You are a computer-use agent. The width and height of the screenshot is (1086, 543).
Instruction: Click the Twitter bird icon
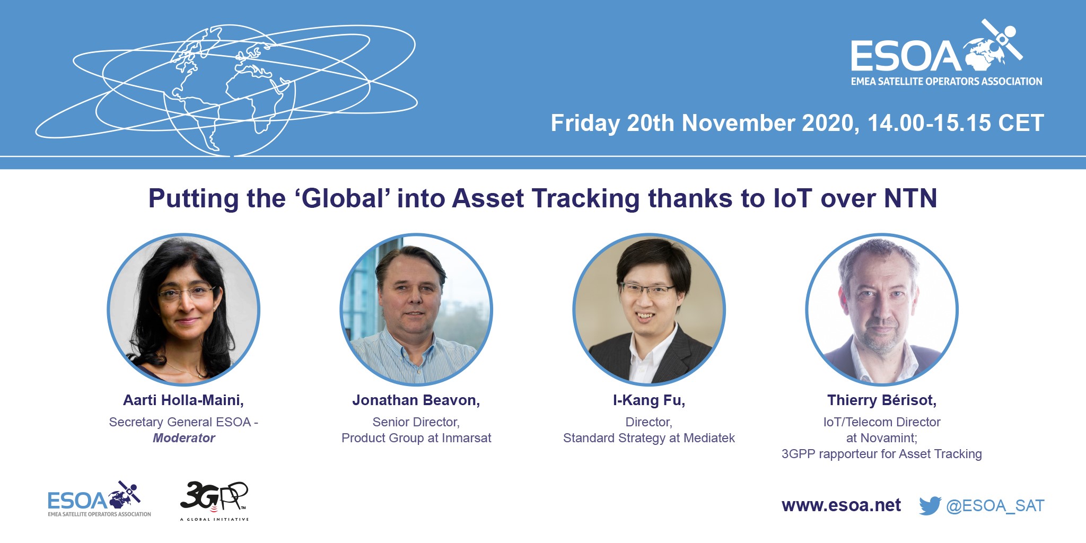(x=930, y=505)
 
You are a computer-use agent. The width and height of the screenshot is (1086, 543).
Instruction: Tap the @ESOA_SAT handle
(x=995, y=506)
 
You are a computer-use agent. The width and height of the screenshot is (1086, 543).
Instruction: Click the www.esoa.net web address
(x=841, y=505)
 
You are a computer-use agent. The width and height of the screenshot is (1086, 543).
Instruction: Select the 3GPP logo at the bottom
(x=214, y=501)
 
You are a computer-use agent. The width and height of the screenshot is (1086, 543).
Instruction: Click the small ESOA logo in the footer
(x=99, y=499)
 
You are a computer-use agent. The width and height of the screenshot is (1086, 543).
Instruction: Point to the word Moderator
(x=184, y=438)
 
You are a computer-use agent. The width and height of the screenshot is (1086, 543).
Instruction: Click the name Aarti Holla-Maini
(x=183, y=400)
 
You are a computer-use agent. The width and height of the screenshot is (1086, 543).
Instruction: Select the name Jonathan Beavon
(x=416, y=400)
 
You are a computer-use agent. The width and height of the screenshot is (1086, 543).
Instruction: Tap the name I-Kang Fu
(x=649, y=400)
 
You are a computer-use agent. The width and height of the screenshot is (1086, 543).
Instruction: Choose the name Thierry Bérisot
(x=882, y=400)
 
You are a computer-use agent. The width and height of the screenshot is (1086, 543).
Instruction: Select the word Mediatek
(x=710, y=438)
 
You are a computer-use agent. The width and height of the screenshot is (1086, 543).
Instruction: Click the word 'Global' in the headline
(x=343, y=199)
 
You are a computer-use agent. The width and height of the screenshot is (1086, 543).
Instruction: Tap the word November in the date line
(x=738, y=123)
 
